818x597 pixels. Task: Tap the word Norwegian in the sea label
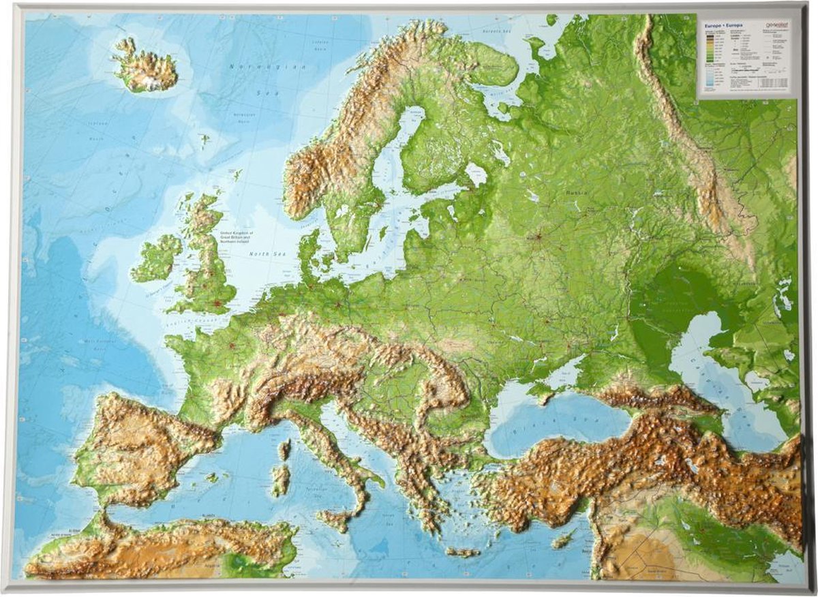coord(251,67)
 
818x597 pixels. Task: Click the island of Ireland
coord(155,258)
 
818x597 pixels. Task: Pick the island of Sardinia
coord(280,480)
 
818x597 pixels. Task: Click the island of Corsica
coord(284,449)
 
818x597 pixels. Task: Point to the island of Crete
coord(463,551)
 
